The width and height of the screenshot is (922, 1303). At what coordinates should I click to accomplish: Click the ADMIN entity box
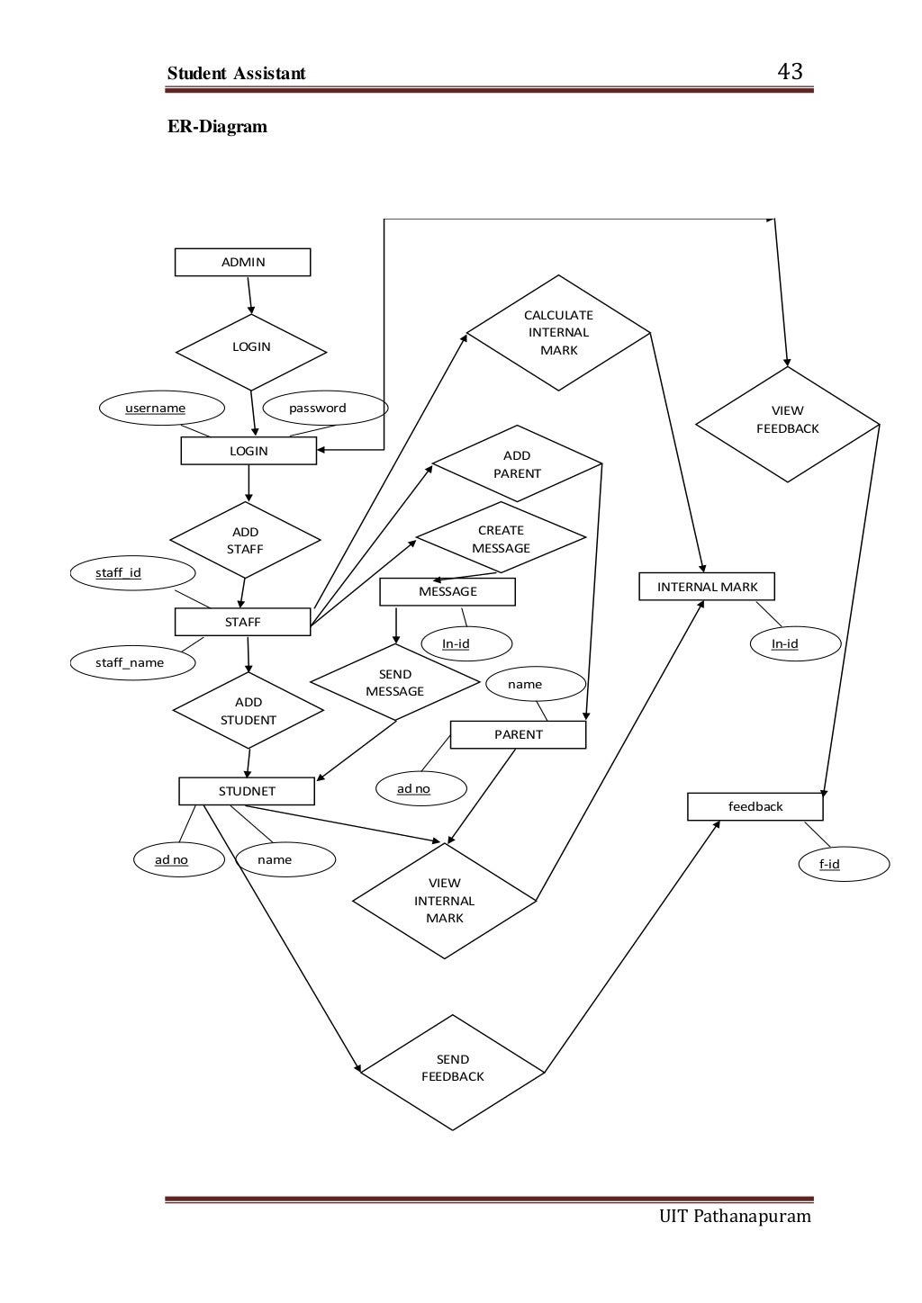(242, 262)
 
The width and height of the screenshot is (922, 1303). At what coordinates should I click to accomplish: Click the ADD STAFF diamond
(245, 541)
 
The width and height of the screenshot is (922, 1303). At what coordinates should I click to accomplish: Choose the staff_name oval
(131, 663)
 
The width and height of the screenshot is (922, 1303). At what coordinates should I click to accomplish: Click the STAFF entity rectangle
(242, 622)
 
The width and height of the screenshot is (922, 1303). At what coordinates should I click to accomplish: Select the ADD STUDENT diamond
(249, 711)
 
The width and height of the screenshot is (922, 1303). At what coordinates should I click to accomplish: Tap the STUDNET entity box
(247, 791)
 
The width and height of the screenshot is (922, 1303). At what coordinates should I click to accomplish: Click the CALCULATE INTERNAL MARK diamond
(558, 333)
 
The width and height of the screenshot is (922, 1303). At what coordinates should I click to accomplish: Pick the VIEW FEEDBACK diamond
(787, 420)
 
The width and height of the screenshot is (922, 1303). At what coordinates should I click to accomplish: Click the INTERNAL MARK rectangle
(707, 587)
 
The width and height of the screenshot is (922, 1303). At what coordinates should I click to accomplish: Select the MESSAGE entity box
(447, 591)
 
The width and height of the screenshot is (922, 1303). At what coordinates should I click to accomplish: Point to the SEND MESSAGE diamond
(394, 683)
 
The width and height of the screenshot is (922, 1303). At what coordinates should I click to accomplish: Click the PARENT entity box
(518, 734)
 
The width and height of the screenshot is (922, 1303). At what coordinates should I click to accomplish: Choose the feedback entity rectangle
(755, 806)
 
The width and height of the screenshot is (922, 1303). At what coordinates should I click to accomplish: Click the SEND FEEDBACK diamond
(453, 1068)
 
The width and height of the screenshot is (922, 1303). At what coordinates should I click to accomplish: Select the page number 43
(790, 72)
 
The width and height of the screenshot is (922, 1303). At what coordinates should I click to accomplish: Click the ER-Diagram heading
(218, 126)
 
